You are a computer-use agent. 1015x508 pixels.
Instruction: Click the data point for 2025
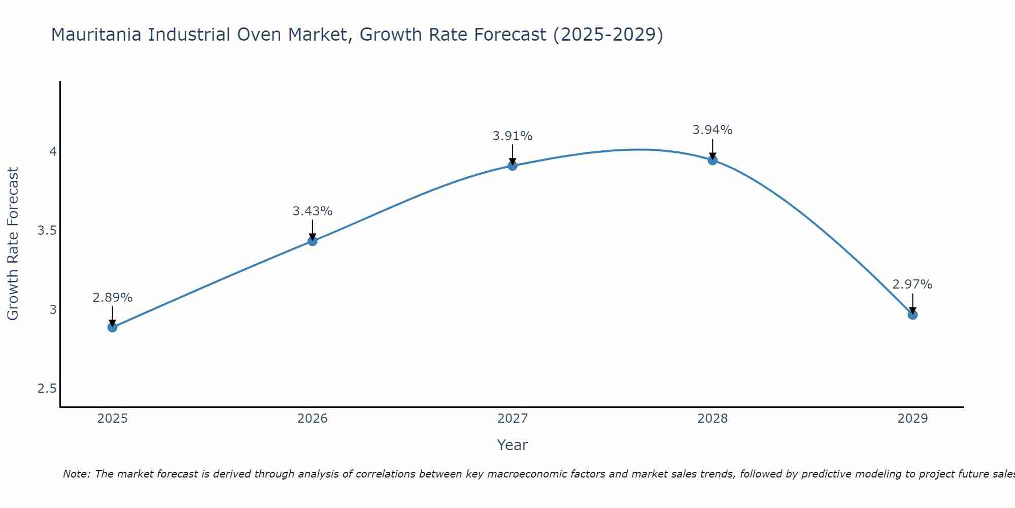113,327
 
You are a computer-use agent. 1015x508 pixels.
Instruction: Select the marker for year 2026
313,241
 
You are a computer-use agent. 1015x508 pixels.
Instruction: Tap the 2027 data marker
513,166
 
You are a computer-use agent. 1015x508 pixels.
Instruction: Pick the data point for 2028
713,161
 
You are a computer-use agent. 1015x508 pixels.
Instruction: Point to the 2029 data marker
912,315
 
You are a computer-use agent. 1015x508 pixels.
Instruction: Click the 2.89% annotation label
113,298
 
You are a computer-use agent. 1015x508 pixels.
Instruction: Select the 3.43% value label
313,211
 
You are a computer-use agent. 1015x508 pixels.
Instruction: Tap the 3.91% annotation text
513,136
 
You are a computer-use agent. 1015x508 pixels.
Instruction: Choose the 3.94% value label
713,130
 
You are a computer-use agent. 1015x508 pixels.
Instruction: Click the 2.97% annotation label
912,284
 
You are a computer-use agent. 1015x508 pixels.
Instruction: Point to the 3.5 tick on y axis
47,231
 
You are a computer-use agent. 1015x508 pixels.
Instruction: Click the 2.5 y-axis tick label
47,389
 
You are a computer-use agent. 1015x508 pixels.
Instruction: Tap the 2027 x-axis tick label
513,419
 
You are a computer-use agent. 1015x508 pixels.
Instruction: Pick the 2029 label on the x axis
912,419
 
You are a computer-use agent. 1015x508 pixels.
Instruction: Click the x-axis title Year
513,445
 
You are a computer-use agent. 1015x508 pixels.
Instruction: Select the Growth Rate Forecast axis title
13,244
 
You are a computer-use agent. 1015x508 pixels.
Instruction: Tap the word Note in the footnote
76,474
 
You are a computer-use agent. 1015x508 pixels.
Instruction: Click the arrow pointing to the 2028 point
713,149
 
